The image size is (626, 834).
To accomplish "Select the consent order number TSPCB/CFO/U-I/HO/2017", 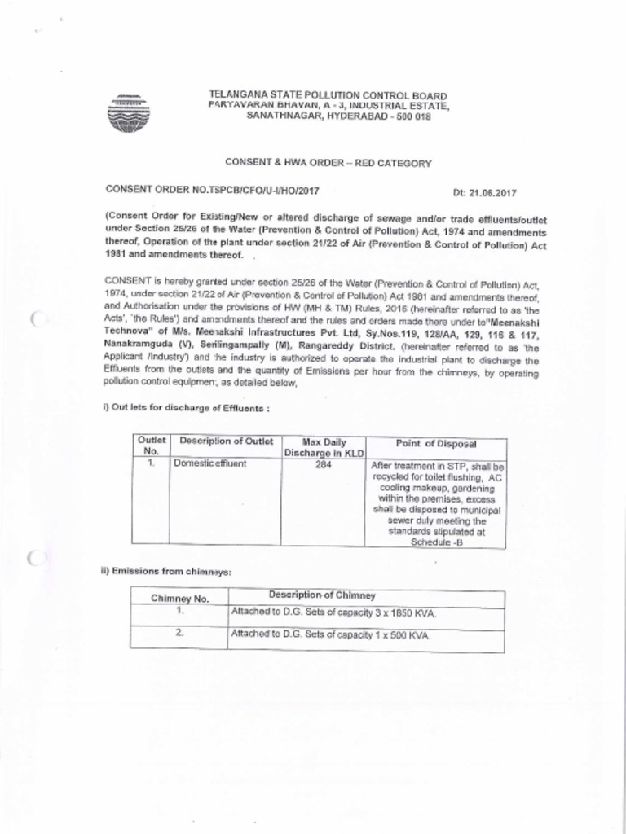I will [x=212, y=190].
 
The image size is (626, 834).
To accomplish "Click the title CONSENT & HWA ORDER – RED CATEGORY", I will [x=328, y=163].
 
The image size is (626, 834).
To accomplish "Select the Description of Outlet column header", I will [x=226, y=441].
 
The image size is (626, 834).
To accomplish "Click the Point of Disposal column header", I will [x=436, y=443].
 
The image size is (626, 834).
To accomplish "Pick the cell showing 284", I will [x=324, y=463].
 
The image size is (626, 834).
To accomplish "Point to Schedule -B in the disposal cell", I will [x=436, y=542].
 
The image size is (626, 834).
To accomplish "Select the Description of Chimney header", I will [x=322, y=595].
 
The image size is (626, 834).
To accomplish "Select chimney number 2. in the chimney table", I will [x=179, y=632].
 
